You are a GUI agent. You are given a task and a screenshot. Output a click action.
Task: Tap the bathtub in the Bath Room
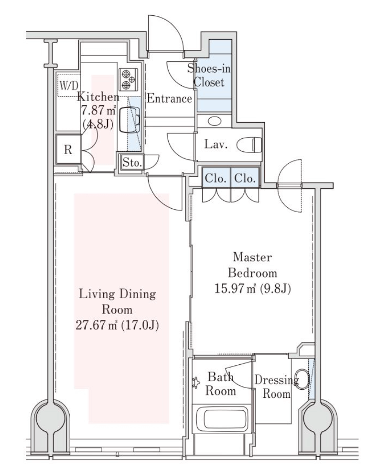point(222,419)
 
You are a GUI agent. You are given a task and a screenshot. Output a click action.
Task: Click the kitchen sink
point(130,120)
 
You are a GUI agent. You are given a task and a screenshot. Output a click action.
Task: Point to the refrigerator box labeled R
point(68,149)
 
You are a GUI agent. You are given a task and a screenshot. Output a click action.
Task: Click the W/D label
point(69,85)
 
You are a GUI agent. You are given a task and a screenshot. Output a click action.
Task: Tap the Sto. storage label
point(132,163)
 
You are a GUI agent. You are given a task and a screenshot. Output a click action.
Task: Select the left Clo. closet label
point(216,178)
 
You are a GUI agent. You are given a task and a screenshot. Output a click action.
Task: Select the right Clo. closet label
point(245,178)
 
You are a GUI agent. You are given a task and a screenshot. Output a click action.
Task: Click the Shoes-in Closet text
point(209,75)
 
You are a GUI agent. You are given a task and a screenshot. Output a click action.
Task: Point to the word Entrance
point(170,98)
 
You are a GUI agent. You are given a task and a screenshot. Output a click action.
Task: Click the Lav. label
point(216,144)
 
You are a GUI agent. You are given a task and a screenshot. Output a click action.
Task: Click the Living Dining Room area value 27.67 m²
point(96,325)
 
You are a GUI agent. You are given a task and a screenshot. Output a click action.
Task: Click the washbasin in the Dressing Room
point(302,379)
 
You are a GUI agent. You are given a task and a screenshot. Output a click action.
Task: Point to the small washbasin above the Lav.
point(215,121)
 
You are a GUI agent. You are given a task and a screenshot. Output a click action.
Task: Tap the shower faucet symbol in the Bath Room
point(196,383)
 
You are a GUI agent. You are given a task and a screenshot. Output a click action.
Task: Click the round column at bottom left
point(50,419)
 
